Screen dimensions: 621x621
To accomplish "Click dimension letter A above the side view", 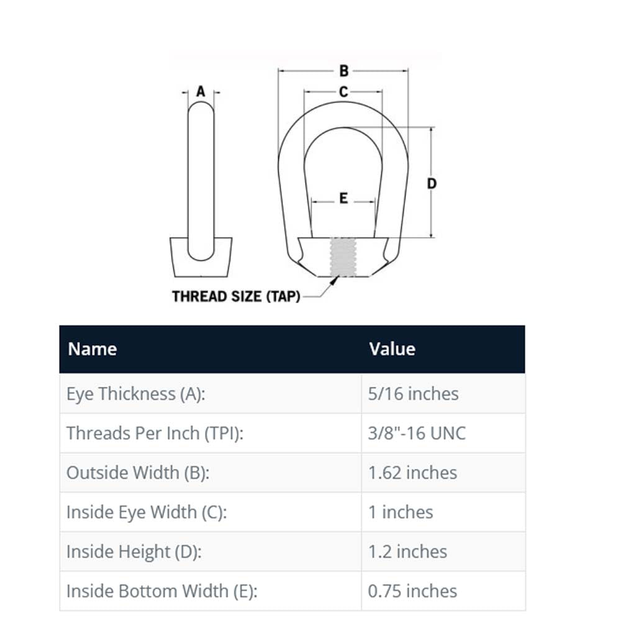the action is (201, 91).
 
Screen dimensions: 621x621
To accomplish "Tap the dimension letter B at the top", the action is (344, 71).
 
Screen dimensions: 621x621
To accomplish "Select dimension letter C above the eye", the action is (343, 92).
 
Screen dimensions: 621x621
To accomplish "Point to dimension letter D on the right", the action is (432, 183).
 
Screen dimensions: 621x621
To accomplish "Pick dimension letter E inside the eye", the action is (343, 198).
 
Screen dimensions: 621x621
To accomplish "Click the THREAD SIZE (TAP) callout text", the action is (236, 296).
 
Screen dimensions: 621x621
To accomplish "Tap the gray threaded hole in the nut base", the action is (343, 257).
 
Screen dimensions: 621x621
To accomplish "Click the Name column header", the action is (93, 349).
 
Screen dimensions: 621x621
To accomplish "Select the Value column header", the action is (392, 349).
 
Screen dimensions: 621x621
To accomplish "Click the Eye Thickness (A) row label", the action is (136, 394).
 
